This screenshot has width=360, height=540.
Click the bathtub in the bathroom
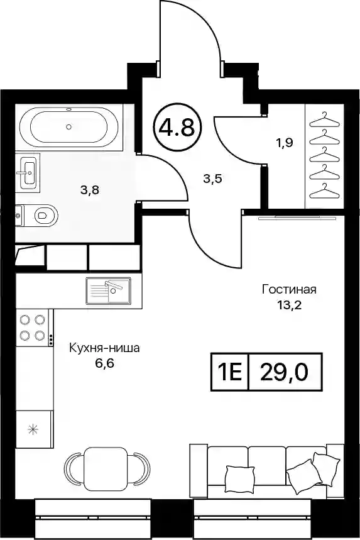pos(69,127)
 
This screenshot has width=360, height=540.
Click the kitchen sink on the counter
pos(108,291)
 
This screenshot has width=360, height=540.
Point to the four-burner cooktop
pos(33,327)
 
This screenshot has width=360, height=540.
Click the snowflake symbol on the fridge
pos(33,429)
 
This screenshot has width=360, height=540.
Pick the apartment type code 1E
pos(229,372)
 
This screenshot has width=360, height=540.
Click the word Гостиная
pos(289,289)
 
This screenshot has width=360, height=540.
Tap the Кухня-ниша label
pos(105,348)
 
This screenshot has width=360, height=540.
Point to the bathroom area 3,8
pos(90,189)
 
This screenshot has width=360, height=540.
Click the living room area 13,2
pos(290,305)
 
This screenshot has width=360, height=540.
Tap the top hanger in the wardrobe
pos(324,119)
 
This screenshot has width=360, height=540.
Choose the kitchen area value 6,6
pos(105,363)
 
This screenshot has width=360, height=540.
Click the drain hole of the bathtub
pos(69,127)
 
